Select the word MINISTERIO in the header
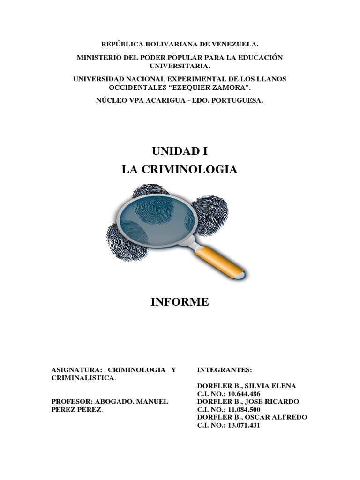point(98,57)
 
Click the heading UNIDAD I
point(180,151)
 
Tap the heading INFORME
point(180,302)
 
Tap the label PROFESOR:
point(72,402)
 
